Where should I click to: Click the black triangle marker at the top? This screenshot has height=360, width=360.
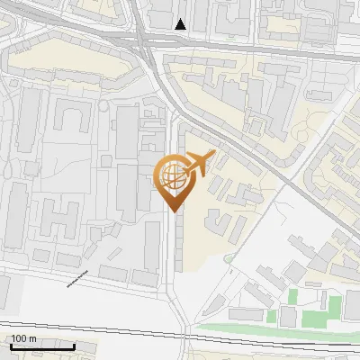click(181, 24)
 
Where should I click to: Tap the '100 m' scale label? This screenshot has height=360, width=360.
click(23, 338)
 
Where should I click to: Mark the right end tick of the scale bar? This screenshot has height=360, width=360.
click(74, 345)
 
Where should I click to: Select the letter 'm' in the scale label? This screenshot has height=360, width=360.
click(32, 338)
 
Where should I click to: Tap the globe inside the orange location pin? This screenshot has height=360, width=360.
click(171, 177)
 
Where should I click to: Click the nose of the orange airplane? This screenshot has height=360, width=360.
click(213, 154)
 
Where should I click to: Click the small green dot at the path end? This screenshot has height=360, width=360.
click(228, 259)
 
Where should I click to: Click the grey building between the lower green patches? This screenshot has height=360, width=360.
click(288, 316)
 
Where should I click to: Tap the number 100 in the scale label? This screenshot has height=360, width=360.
click(18, 338)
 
